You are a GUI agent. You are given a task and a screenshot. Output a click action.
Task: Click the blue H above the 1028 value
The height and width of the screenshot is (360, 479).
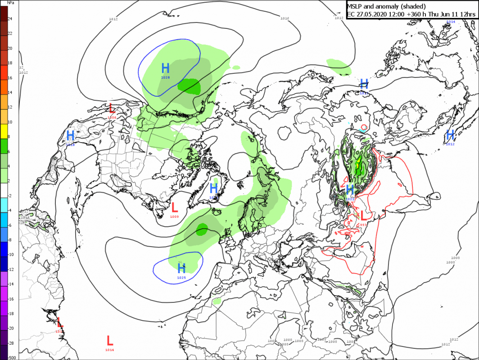(166, 68)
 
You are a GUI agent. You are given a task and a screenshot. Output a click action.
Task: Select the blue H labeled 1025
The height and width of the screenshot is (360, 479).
(181, 269)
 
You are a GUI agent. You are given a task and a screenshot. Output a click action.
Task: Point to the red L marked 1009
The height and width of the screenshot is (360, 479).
(175, 207)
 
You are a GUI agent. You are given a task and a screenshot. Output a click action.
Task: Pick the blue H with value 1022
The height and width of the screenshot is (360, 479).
(350, 189)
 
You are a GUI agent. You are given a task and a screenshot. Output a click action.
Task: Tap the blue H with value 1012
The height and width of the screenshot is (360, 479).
(450, 135)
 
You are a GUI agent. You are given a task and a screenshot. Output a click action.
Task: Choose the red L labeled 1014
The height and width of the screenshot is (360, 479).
(109, 341)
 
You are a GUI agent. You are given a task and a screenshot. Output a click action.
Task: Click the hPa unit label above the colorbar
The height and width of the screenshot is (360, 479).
(10, 3)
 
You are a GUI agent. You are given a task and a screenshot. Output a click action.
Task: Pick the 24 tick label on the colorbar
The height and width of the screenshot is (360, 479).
(10, 19)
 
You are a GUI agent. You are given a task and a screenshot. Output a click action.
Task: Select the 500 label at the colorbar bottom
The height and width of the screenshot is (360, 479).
(11, 357)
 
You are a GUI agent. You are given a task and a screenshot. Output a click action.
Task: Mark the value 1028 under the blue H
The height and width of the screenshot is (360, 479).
(166, 78)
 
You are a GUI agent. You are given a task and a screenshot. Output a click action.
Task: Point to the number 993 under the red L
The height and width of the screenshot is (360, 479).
(363, 224)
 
